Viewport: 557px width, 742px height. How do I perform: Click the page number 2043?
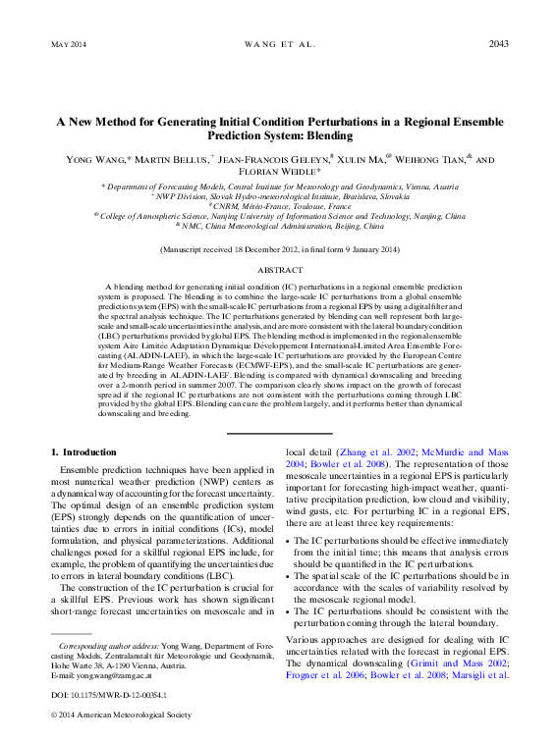pyautogui.click(x=497, y=44)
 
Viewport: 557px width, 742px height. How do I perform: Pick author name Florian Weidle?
pyautogui.click(x=278, y=172)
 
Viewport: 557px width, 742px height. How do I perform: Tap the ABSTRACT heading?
pyautogui.click(x=278, y=268)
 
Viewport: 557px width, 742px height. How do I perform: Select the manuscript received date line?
pyautogui.click(x=278, y=250)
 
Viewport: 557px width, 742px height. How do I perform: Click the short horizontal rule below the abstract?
pyautogui.click(x=278, y=433)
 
